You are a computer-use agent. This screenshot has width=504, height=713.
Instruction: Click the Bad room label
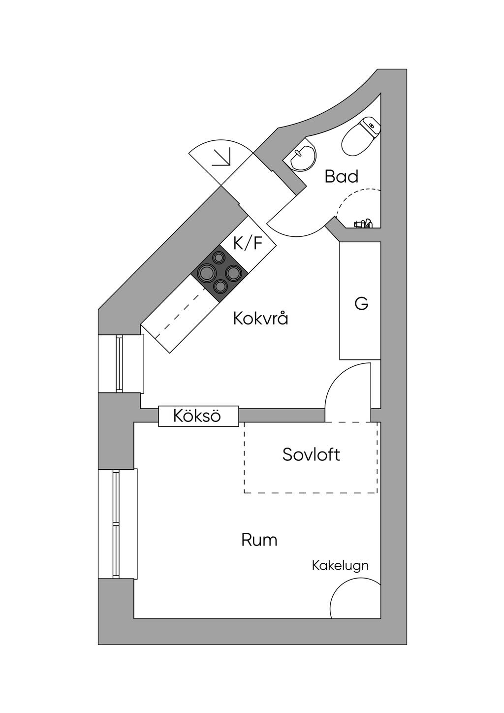342,176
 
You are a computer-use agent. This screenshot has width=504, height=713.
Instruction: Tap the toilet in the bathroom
361,136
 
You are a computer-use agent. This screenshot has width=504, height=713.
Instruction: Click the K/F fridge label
248,244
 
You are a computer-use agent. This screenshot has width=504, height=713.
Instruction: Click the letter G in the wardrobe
361,303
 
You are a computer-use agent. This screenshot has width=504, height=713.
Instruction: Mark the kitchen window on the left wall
119,363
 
